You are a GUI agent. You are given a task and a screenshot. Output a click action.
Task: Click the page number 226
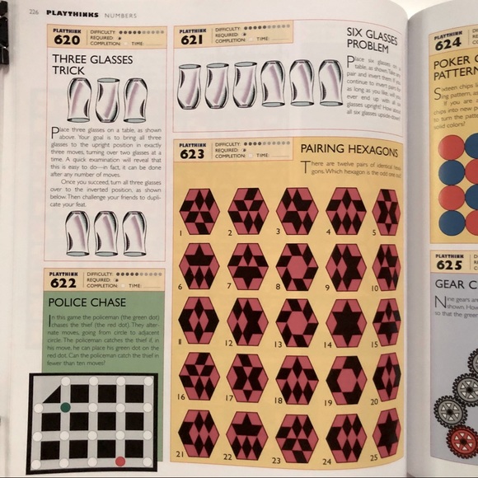34,12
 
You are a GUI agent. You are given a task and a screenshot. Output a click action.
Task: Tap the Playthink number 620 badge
67,37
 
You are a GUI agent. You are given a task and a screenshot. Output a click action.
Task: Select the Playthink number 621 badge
192,37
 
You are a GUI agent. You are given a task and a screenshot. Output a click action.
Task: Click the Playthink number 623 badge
193,152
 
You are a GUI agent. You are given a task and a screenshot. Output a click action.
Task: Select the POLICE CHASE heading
87,302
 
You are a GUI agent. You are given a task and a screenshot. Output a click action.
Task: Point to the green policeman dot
65,407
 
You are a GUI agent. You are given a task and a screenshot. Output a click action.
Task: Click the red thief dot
120,461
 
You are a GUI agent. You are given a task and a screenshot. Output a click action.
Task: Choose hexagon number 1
199,211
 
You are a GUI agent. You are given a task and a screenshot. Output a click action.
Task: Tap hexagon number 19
346,375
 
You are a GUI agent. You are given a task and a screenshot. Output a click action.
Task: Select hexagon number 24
345,431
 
